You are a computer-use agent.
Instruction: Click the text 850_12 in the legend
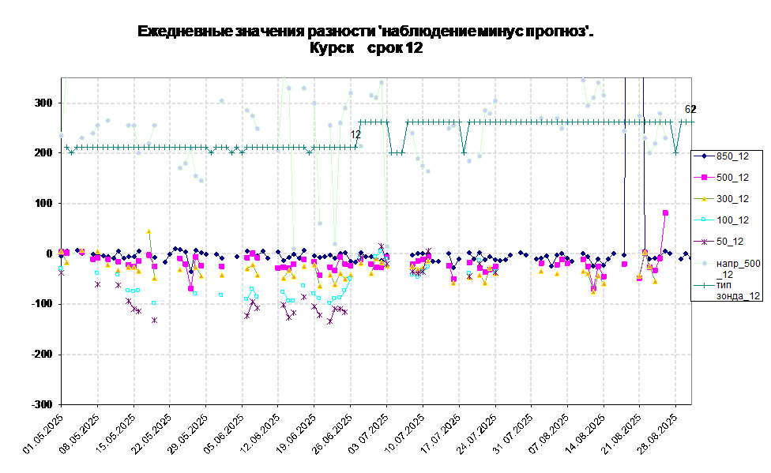[x=732, y=156]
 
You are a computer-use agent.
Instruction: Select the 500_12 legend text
[x=732, y=178]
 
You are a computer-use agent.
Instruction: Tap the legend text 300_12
[x=732, y=199]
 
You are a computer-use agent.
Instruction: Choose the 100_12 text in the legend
[x=732, y=220]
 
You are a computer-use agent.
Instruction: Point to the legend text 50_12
[x=729, y=242]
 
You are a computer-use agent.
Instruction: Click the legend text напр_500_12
[x=738, y=268]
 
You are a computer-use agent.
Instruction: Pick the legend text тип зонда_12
[x=738, y=290]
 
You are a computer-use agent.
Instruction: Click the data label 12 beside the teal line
[x=355, y=135]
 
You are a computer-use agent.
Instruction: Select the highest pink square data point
[x=666, y=213]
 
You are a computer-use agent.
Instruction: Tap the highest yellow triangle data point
[x=149, y=231]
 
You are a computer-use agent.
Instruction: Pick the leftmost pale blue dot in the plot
[x=61, y=135]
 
